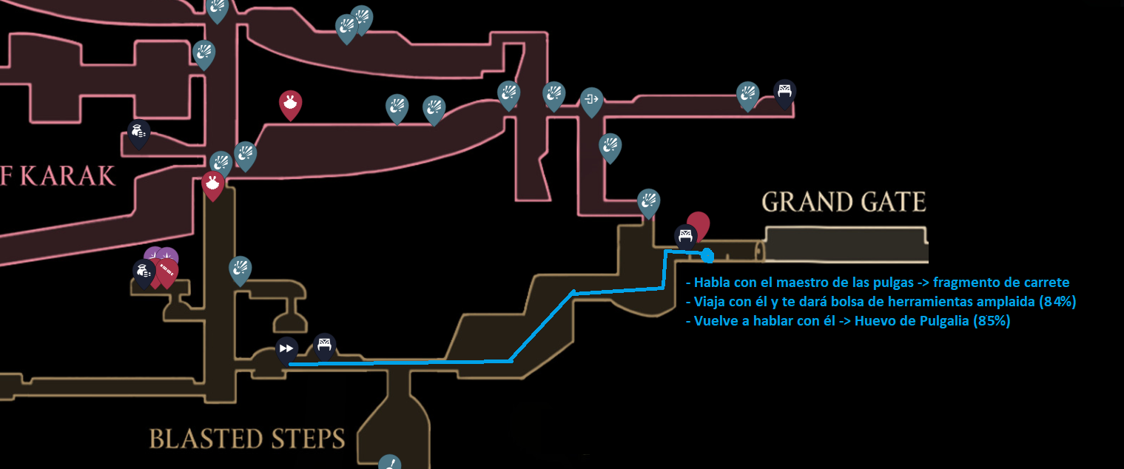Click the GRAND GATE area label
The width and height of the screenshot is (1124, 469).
[x=844, y=202]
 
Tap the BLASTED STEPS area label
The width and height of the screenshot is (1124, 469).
[x=247, y=439]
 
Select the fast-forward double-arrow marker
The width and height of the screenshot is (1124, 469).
[x=286, y=348]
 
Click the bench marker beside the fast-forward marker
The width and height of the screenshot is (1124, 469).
[x=323, y=345]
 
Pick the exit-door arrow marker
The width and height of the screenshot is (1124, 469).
[x=591, y=99]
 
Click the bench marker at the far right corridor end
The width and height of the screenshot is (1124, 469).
[x=784, y=92]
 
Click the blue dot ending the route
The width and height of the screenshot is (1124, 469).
[x=707, y=256]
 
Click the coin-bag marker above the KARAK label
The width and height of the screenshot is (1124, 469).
[x=138, y=132]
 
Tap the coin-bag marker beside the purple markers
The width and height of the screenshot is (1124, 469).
[x=143, y=271]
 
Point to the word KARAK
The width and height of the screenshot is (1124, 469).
[x=68, y=176]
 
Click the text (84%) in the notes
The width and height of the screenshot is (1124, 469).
[x=1057, y=302]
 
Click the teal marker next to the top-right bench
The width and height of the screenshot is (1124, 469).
[x=748, y=94]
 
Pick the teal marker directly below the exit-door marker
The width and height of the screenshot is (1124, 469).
[x=610, y=146]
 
